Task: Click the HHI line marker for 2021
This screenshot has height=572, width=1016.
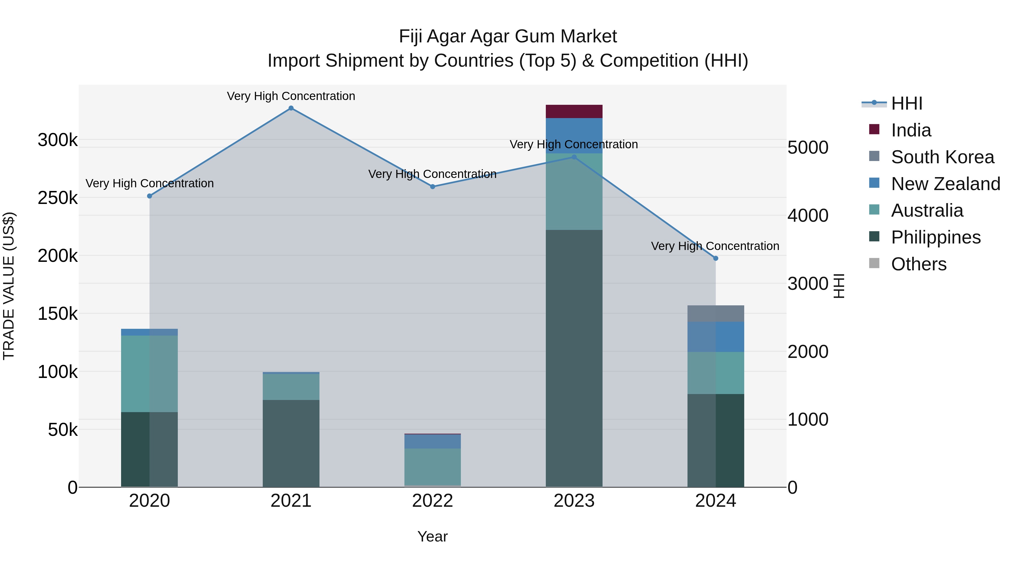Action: [x=291, y=108]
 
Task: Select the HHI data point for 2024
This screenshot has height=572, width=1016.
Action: [x=715, y=258]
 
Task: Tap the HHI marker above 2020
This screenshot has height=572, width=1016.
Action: [x=150, y=196]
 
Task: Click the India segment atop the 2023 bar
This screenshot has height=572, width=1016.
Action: [x=574, y=111]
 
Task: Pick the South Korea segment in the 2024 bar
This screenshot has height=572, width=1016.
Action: [x=715, y=314]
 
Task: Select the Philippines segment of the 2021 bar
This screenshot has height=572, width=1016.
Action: [x=291, y=443]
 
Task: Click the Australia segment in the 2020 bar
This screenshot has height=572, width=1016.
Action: [x=150, y=373]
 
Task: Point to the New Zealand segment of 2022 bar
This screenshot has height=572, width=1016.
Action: [x=432, y=441]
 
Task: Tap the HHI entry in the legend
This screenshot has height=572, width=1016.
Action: [x=906, y=103]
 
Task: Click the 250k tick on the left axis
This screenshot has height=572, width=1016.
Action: [x=58, y=198]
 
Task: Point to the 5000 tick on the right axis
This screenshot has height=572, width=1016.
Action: [x=808, y=148]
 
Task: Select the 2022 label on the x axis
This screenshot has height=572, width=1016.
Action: [x=432, y=501]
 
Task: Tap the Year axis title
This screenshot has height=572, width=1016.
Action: [x=432, y=536]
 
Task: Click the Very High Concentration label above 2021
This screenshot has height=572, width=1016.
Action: [x=291, y=96]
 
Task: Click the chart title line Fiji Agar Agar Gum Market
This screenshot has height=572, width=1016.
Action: [x=508, y=36]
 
